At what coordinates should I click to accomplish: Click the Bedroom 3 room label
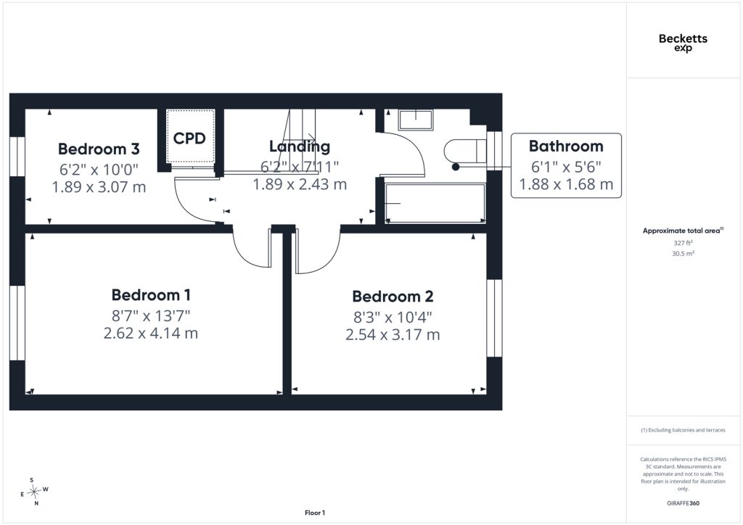[x=99, y=149]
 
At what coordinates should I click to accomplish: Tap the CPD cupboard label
[x=189, y=139]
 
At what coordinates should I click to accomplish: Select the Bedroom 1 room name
[x=151, y=295]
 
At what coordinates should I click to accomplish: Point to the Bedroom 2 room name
[x=393, y=297]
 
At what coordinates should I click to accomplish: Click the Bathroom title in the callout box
[x=566, y=146]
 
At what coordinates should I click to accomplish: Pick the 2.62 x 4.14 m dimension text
[x=151, y=334]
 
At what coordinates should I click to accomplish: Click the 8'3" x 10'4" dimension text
[x=393, y=317]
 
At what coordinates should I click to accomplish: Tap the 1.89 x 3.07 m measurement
[x=99, y=187]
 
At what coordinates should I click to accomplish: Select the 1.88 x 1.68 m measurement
[x=566, y=184]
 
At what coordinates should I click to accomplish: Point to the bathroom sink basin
[x=416, y=120]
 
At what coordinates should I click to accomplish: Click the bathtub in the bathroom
[x=435, y=203]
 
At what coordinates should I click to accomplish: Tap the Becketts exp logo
[x=683, y=42]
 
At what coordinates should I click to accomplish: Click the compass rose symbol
[x=34, y=492]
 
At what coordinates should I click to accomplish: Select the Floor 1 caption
[x=315, y=513]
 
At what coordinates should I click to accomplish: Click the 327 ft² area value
[x=683, y=243]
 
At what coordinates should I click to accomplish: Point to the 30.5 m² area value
[x=683, y=253]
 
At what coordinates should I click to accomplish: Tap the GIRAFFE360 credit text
[x=683, y=503]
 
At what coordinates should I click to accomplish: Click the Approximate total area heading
[x=683, y=231]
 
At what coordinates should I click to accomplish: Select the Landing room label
[x=300, y=146]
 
